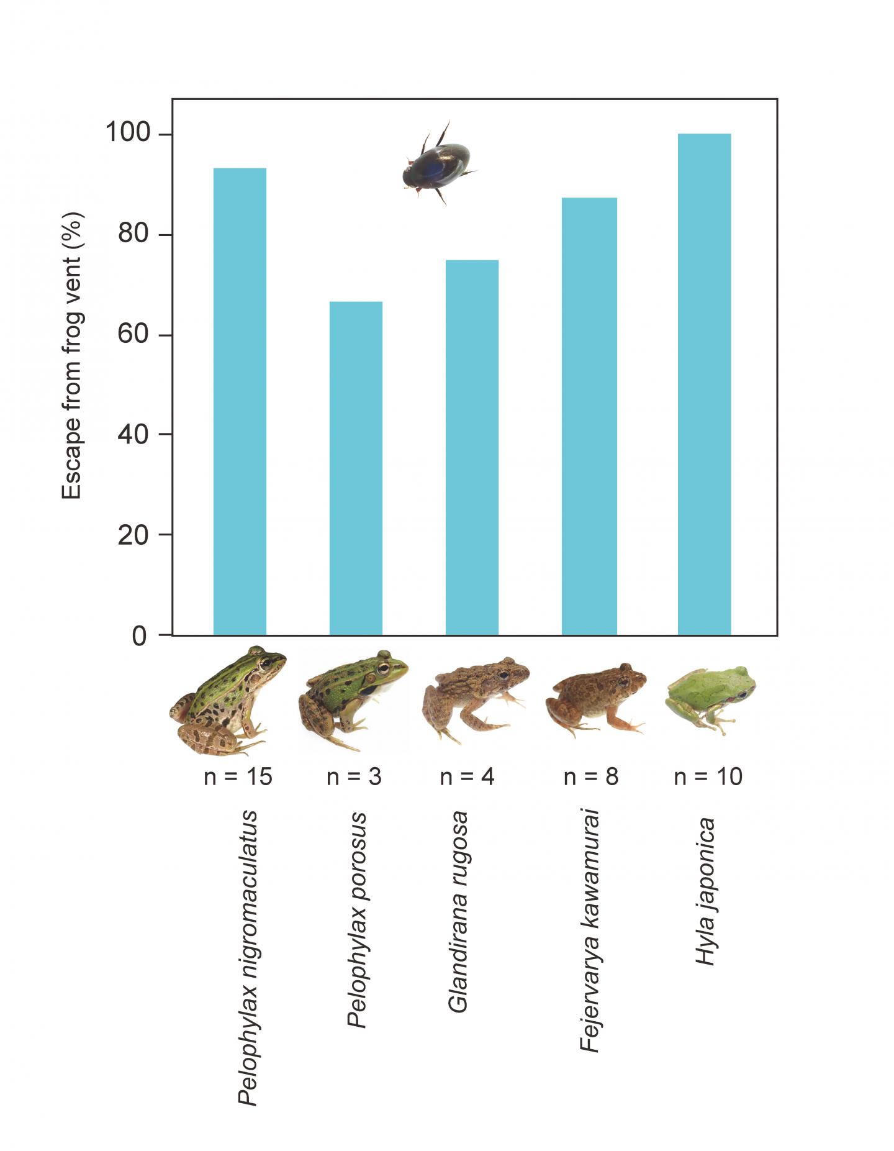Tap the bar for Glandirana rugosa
pyautogui.click(x=472, y=447)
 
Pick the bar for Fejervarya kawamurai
pyautogui.click(x=589, y=416)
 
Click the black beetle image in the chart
pyautogui.click(x=437, y=164)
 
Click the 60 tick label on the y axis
pyautogui.click(x=133, y=334)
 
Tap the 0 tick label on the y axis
pyautogui.click(x=140, y=636)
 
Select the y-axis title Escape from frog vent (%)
pyautogui.click(x=72, y=355)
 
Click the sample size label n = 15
pyautogui.click(x=238, y=776)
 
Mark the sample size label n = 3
pyautogui.click(x=354, y=776)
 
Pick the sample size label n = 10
pyautogui.click(x=708, y=776)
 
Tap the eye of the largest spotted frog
pyautogui.click(x=266, y=663)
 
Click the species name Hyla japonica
pyautogui.click(x=706, y=891)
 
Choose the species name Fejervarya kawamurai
pyautogui.click(x=590, y=930)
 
